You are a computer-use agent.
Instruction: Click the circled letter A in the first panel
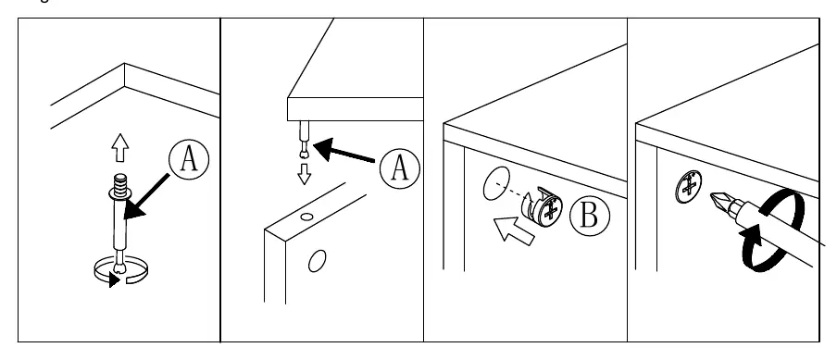click(189, 159)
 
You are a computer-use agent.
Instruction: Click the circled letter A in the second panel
click(400, 168)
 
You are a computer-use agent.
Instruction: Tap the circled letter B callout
click(589, 216)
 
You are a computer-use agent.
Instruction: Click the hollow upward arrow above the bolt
click(120, 147)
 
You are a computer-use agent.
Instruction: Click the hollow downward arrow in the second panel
click(305, 174)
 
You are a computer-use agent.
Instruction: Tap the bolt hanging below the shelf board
click(304, 140)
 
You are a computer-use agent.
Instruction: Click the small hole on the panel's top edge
click(306, 217)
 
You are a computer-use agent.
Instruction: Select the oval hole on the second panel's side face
click(317, 261)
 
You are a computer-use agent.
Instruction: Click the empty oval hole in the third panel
click(496, 183)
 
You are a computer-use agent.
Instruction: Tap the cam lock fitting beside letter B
click(542, 207)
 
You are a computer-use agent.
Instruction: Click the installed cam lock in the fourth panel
click(689, 187)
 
